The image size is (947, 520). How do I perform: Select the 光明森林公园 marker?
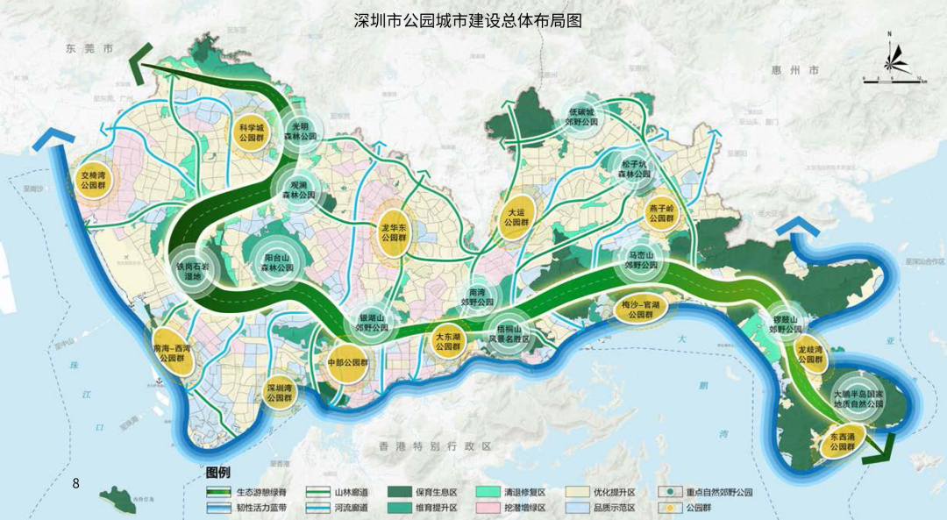pos(301,131)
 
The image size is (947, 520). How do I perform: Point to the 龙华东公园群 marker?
pos(395,231)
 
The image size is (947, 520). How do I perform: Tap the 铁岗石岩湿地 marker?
pos(191,270)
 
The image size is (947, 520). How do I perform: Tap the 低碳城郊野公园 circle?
pos(582,118)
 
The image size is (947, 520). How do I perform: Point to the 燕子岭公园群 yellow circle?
pos(660,213)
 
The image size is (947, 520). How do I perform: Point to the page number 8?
pos(76,483)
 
